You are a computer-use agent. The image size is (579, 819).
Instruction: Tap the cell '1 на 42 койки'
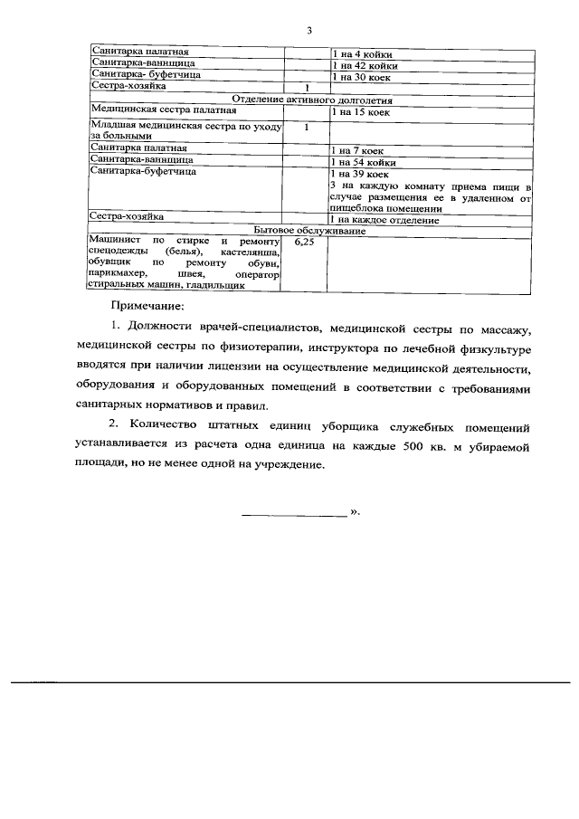click(x=365, y=66)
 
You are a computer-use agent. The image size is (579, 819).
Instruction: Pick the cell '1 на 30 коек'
click(x=361, y=77)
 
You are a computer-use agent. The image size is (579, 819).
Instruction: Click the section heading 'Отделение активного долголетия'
click(x=310, y=100)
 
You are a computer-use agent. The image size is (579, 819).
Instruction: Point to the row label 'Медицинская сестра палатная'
click(x=152, y=110)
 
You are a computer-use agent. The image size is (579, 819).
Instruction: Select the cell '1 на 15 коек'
click(x=361, y=111)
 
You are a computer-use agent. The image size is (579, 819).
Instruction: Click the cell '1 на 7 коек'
click(x=357, y=149)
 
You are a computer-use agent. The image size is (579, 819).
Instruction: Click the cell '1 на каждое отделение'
click(x=384, y=220)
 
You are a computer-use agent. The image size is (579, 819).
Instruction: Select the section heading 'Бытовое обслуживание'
click(x=310, y=231)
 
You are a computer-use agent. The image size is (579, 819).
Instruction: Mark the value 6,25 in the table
click(x=305, y=243)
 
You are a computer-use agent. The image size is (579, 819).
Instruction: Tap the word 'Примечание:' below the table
click(x=147, y=307)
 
